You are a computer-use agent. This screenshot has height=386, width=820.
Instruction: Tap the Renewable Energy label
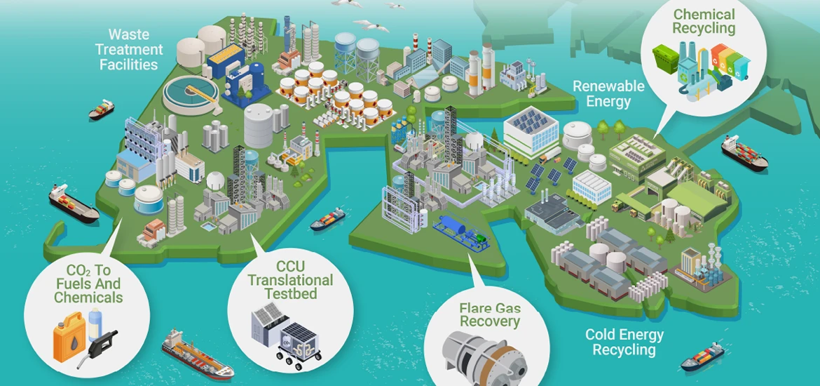(608, 93)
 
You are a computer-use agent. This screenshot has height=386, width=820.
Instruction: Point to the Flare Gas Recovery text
(490, 314)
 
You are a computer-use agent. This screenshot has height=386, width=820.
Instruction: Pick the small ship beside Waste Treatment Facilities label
(102, 109)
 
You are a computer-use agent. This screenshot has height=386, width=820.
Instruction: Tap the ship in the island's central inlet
(328, 219)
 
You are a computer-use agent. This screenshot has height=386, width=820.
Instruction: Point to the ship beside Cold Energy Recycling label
(702, 356)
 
